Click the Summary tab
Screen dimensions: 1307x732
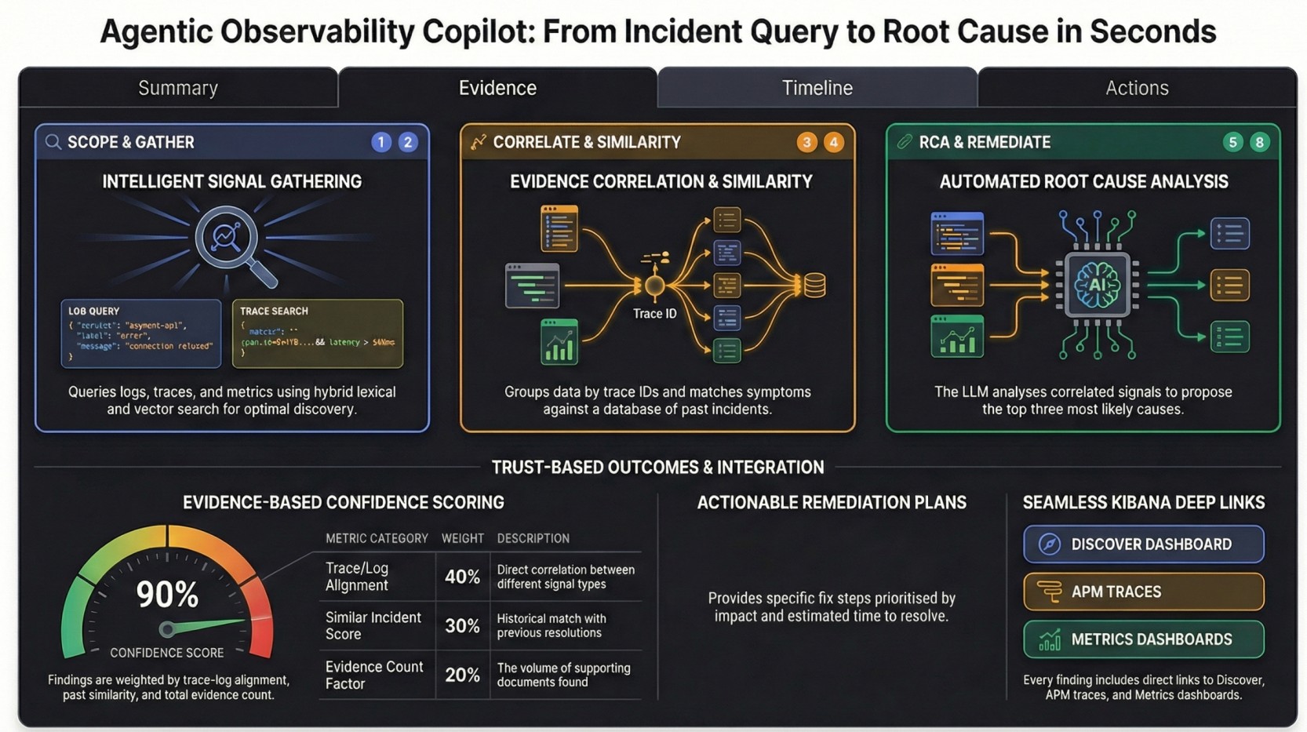coord(178,88)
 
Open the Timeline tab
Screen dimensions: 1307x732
coord(817,88)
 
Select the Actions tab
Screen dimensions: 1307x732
coord(1137,88)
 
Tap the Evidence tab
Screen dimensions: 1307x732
coord(497,88)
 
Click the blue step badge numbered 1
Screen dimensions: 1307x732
coord(381,142)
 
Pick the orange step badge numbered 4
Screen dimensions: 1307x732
coord(833,142)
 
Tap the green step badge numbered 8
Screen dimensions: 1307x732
coord(1259,142)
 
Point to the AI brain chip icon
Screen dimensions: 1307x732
coord(1097,285)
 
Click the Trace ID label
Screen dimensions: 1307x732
coord(654,314)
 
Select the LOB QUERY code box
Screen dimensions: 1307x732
coord(141,333)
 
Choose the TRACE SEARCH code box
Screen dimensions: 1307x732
coord(318,333)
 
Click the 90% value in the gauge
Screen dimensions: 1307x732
coord(167,595)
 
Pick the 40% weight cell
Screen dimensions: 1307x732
coord(462,577)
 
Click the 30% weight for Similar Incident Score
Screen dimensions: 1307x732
coord(462,626)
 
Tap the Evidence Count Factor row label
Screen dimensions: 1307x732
coord(374,675)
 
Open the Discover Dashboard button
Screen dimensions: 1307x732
coord(1143,544)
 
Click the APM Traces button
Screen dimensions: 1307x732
coord(1143,592)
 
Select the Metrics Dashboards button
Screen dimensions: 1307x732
coord(1143,639)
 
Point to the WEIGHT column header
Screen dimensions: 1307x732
coord(462,538)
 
